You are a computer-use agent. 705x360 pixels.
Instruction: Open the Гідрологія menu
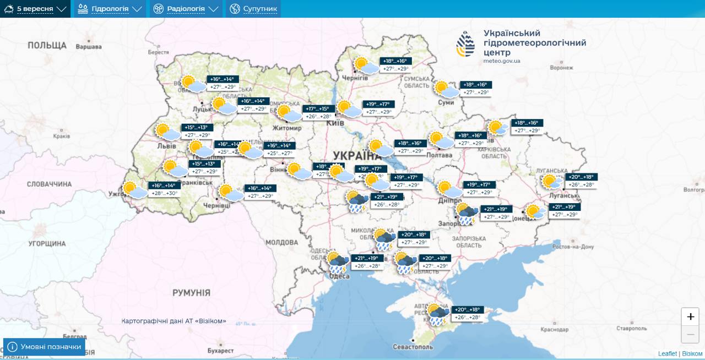(x=110, y=9)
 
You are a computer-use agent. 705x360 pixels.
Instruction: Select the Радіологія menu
(x=186, y=9)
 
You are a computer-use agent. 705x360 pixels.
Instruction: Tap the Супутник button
(x=253, y=9)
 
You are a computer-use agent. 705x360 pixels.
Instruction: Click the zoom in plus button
(x=690, y=317)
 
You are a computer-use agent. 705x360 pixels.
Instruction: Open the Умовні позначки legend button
(x=45, y=347)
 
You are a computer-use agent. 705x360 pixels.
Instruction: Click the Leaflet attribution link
(x=667, y=353)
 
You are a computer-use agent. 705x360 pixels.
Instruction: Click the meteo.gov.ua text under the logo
(x=501, y=61)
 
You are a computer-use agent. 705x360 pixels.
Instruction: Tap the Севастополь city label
(x=413, y=347)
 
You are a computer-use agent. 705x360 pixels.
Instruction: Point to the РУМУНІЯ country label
(x=191, y=293)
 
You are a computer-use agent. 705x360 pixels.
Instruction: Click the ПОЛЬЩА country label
(x=47, y=46)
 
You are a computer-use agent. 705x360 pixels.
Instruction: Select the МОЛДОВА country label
(x=281, y=242)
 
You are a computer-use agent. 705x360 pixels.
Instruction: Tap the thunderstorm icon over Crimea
(x=437, y=314)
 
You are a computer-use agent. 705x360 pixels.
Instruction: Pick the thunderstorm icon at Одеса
(x=337, y=263)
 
